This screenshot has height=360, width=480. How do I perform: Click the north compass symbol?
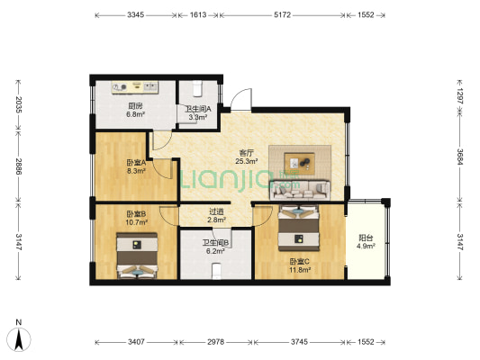(x=19, y=339)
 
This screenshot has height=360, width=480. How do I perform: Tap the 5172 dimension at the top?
(x=282, y=15)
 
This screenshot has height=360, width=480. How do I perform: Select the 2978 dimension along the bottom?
(x=215, y=342)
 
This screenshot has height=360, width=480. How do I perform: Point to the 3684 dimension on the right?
(x=460, y=157)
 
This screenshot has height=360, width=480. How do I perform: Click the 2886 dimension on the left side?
(x=19, y=166)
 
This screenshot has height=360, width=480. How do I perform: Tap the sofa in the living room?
(x=300, y=190)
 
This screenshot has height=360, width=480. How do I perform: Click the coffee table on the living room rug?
(x=299, y=163)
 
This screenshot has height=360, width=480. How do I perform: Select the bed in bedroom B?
(x=137, y=256)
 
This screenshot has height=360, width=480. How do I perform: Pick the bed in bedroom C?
(x=299, y=228)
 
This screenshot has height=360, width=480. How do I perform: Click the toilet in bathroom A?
(x=197, y=88)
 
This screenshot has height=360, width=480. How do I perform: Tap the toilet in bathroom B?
(x=216, y=271)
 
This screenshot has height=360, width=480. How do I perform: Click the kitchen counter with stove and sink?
(x=135, y=87)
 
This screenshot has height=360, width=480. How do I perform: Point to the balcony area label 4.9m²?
(x=366, y=246)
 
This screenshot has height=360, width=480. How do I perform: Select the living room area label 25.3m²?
(x=246, y=161)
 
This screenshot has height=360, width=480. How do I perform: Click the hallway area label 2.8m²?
(x=216, y=220)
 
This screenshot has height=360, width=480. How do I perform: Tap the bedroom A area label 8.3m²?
(x=136, y=171)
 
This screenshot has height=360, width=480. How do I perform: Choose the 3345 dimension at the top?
(x=136, y=15)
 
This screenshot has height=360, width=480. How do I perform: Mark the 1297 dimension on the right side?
(x=460, y=95)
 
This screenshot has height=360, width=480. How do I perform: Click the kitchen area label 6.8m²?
(x=136, y=114)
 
